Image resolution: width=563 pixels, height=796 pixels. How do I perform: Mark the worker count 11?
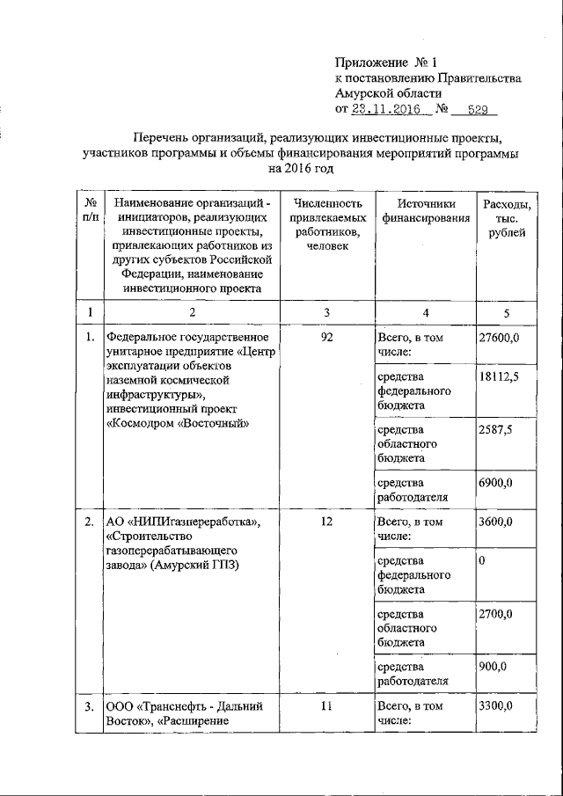(325, 705)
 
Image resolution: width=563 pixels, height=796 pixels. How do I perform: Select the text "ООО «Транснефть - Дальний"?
(183, 705)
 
